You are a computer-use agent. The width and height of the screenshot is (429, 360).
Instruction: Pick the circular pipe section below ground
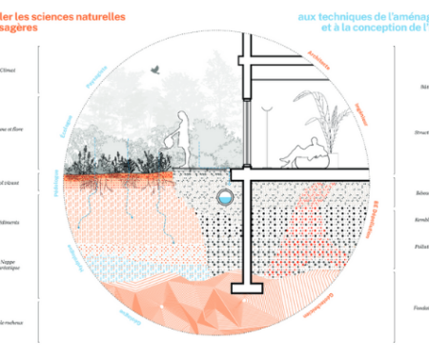tap(224, 196)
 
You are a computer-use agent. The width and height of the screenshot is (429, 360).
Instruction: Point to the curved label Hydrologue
tap(69, 256)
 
